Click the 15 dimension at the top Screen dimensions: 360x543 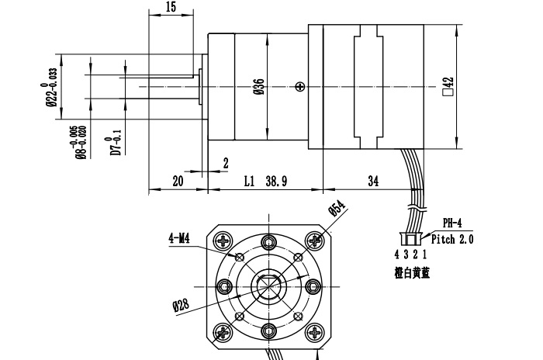coord(171,7)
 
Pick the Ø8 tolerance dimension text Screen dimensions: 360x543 coord(81,143)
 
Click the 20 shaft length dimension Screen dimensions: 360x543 coord(178,181)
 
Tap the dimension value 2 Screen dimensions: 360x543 coord(225,163)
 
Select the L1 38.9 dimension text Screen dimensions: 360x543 coord(265,181)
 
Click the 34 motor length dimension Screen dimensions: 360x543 coord(372,181)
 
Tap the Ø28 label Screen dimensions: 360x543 coord(181,304)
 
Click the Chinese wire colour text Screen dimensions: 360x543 coord(411,272)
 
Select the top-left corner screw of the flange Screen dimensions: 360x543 coord(225,241)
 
